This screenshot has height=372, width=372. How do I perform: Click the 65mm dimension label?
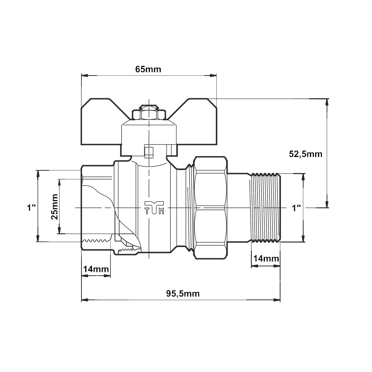point(148,69)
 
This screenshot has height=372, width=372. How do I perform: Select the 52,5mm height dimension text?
point(305,154)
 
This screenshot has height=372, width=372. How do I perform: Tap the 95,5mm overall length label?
point(183,294)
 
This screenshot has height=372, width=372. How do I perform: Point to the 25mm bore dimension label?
point(55,206)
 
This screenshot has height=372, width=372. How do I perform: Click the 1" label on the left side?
point(31,208)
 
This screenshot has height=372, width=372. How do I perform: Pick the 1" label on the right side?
point(296,208)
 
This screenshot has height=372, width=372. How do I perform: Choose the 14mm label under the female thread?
point(96,269)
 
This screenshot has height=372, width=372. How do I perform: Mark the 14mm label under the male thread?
point(266,259)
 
